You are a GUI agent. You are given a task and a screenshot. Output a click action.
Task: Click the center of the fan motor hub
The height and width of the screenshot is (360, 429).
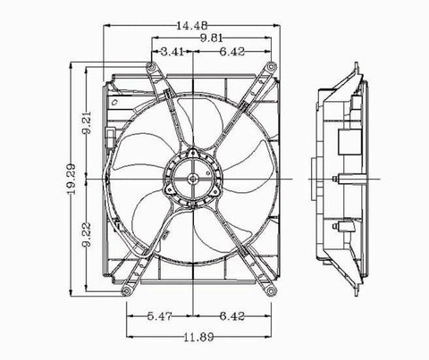pyautogui.click(x=194, y=178)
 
